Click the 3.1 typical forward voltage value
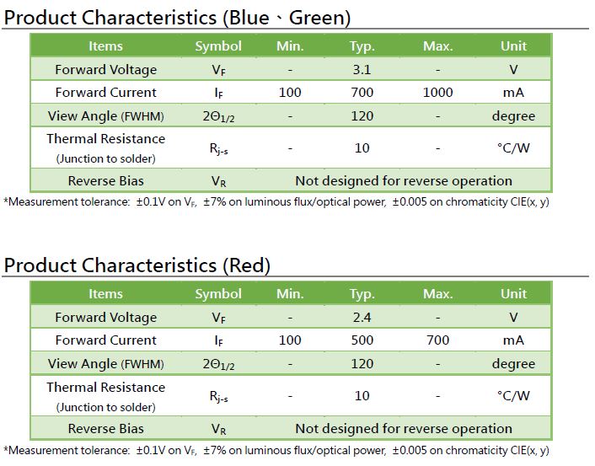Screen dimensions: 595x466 point(362,69)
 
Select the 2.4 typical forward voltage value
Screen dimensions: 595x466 point(362,317)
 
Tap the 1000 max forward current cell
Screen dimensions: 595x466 point(437,92)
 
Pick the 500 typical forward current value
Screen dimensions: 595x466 point(362,340)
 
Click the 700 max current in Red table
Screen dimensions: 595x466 point(437,340)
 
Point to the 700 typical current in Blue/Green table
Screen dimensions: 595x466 point(362,92)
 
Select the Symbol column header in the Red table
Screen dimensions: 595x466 point(218,294)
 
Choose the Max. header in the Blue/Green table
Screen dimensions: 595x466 point(438,46)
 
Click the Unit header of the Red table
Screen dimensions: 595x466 point(513,294)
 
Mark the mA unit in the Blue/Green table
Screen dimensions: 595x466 point(513,92)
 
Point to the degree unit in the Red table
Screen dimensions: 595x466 point(513,364)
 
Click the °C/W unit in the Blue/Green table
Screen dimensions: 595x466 point(513,147)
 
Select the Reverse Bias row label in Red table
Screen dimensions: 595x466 point(106,428)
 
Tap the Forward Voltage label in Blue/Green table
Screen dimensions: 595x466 point(106,70)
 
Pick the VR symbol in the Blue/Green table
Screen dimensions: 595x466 point(218,181)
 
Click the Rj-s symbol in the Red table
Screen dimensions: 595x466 point(218,397)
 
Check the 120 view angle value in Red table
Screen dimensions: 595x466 point(362,363)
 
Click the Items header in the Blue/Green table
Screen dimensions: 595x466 point(105,46)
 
